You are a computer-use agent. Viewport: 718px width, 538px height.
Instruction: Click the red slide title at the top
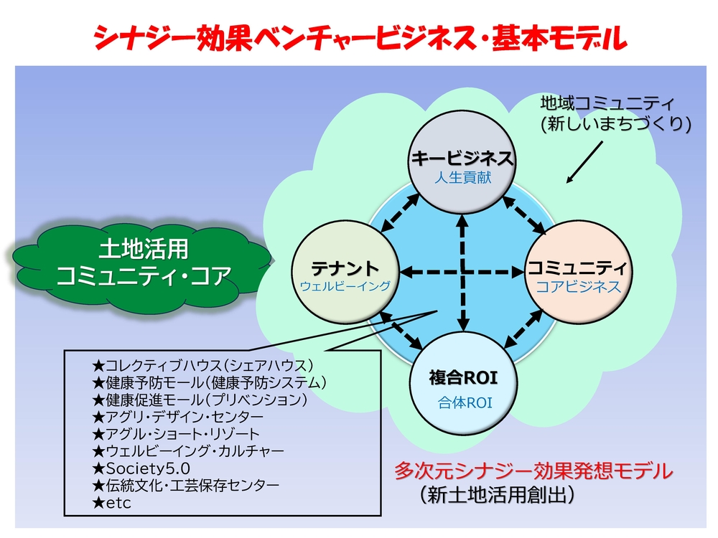pyautogui.click(x=360, y=37)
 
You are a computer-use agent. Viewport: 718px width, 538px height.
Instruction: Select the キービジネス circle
pyautogui.click(x=462, y=161)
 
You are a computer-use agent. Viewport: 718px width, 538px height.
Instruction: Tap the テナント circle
pyautogui.click(x=345, y=273)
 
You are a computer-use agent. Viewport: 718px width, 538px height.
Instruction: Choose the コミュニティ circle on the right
pyautogui.click(x=578, y=273)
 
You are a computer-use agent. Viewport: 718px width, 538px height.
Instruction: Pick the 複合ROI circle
pyautogui.click(x=463, y=383)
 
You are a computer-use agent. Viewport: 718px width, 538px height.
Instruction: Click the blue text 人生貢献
pyautogui.click(x=463, y=177)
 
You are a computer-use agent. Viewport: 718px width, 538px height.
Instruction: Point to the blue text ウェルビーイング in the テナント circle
pyautogui.click(x=345, y=286)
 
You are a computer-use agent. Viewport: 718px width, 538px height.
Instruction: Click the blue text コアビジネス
pyautogui.click(x=579, y=287)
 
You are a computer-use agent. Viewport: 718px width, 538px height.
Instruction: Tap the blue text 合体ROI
pyautogui.click(x=465, y=402)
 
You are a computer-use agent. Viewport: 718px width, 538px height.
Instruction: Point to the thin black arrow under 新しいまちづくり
pyautogui.click(x=584, y=162)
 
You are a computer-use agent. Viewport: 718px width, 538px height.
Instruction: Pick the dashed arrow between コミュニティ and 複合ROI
pyautogui.click(x=523, y=329)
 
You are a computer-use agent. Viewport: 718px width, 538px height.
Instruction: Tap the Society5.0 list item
pyautogui.click(x=141, y=468)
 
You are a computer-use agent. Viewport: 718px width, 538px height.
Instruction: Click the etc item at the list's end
pyautogui.click(x=111, y=504)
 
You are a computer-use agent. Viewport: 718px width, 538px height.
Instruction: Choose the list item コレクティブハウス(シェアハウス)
pyautogui.click(x=202, y=366)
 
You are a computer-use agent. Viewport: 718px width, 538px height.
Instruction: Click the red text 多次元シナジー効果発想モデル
pyautogui.click(x=533, y=471)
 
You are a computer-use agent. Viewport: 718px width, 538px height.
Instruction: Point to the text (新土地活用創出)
pyautogui.click(x=497, y=495)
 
